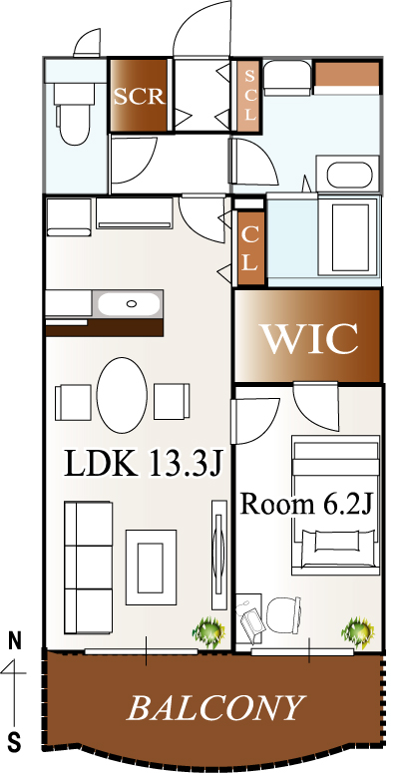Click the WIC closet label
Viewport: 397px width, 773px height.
tap(309, 339)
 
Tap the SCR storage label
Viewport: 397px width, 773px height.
tap(139, 96)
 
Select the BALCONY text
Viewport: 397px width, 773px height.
tap(214, 708)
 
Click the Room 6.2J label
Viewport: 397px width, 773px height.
tap(305, 504)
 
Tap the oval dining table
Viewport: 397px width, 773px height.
tap(122, 395)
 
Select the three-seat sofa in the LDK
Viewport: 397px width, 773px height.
tap(88, 567)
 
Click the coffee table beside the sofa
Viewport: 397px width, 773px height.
tap(151, 567)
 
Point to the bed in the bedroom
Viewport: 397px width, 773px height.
tap(335, 505)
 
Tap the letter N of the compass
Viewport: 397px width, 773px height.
tap(15, 640)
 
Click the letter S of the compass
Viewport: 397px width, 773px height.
tap(15, 741)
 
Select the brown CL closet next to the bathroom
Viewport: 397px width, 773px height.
tap(250, 249)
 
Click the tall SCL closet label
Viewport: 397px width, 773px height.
tap(250, 96)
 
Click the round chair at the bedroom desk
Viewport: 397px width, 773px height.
tap(283, 614)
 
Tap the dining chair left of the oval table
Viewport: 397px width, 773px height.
tap(73, 402)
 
